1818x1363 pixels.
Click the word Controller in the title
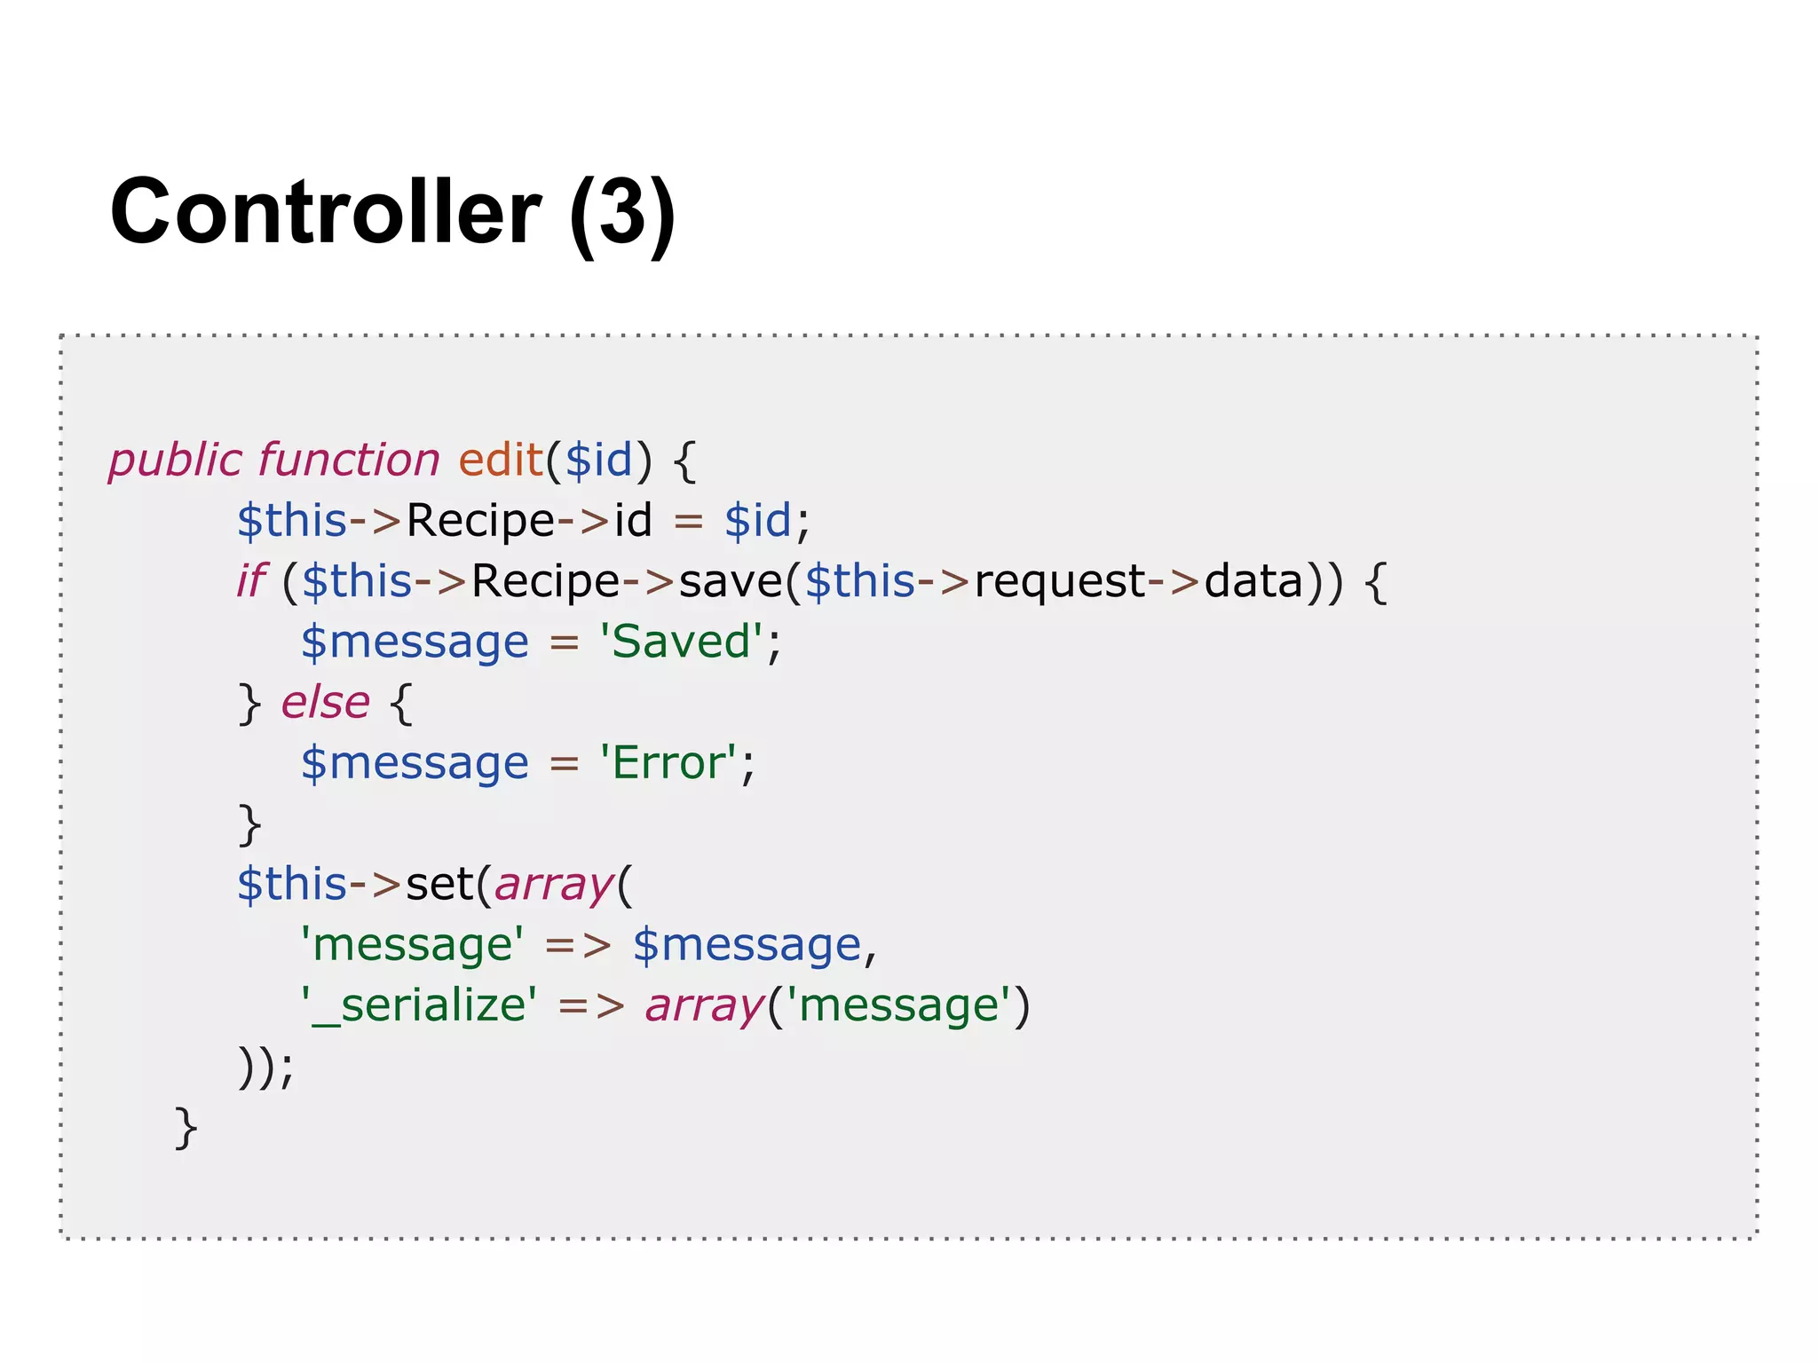[325, 211]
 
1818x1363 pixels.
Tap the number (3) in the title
[623, 213]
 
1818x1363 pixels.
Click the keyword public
[175, 461]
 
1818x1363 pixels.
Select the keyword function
[349, 461]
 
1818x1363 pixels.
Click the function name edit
[500, 461]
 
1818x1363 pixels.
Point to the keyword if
[250, 582]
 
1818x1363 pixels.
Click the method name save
[731, 582]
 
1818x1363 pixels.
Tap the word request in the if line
[1060, 582]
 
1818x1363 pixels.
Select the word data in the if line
[1253, 582]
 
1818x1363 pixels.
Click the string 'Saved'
[681, 642]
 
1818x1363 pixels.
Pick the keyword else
[325, 703]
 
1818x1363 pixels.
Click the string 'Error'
[668, 763]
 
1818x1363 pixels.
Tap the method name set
[439, 885]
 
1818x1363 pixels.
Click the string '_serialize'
[419, 1005]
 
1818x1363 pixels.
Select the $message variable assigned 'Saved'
[415, 642]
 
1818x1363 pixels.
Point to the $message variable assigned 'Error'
[415, 763]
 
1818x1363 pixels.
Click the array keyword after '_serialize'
[704, 1005]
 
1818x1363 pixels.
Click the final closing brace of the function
[186, 1128]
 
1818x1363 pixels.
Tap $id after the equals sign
[757, 521]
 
